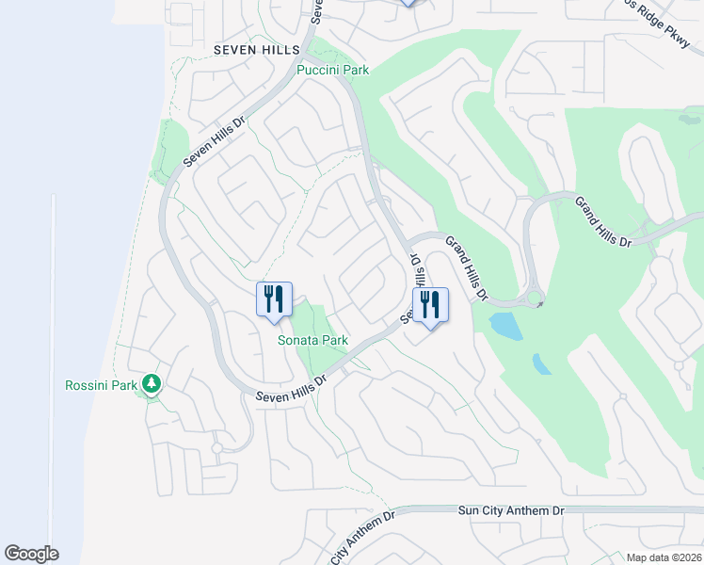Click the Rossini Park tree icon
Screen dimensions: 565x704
tap(151, 383)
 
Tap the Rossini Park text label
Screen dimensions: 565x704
tap(100, 385)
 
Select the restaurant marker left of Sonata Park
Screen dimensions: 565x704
tap(274, 300)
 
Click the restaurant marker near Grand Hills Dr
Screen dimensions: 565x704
tap(430, 305)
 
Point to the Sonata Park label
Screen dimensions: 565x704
tap(312, 340)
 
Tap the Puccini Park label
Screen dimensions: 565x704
tap(332, 70)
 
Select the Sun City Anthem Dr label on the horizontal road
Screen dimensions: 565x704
tap(510, 509)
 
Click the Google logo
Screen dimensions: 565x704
tap(31, 554)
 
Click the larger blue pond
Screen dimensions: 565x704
tap(505, 326)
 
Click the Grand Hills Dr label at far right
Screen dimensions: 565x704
tap(602, 222)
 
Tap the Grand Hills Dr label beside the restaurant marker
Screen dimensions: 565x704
tap(466, 268)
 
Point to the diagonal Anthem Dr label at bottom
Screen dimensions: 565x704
tap(362, 540)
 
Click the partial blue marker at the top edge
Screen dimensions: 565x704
tap(408, 3)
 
